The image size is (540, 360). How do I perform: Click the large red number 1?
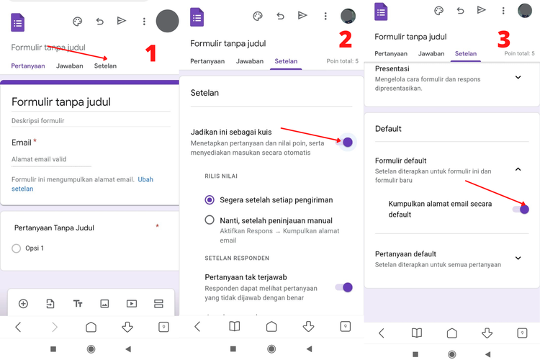pyautogui.click(x=150, y=53)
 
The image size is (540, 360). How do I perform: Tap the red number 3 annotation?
pyautogui.click(x=503, y=38)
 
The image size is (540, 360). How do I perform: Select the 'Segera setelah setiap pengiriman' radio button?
pyautogui.click(x=210, y=200)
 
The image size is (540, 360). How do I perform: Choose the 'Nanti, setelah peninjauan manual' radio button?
pyautogui.click(x=210, y=220)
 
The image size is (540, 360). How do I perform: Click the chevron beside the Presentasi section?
pyautogui.click(x=518, y=78)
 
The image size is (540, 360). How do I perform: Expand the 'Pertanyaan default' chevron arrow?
pyautogui.click(x=518, y=258)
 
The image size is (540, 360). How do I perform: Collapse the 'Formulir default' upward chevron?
pyautogui.click(x=518, y=169)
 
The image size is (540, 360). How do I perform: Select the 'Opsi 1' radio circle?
pyautogui.click(x=17, y=248)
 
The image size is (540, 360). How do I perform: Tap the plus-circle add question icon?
pyautogui.click(x=23, y=304)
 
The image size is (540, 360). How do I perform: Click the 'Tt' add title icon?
pyautogui.click(x=78, y=304)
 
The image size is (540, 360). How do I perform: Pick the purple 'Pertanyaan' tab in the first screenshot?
pyautogui.click(x=28, y=66)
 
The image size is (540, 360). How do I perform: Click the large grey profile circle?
pyautogui.click(x=167, y=22)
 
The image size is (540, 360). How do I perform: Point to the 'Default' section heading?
pyautogui.click(x=388, y=129)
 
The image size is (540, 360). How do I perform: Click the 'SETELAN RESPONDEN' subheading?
pyautogui.click(x=237, y=258)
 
